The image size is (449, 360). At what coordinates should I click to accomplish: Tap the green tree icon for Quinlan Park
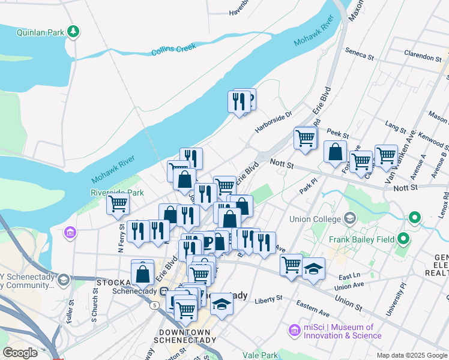[x=73, y=31]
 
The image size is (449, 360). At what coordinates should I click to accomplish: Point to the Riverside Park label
[x=117, y=193]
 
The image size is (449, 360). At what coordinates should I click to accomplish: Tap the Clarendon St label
[x=423, y=56]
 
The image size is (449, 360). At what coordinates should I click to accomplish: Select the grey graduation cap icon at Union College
[x=349, y=218]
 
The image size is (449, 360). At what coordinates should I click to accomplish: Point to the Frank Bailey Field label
[x=362, y=239]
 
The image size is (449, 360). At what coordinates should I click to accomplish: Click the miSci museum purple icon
[x=294, y=330]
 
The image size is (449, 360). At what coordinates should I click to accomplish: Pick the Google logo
[x=20, y=353]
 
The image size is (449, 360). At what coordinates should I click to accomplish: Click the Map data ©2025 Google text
[x=412, y=355]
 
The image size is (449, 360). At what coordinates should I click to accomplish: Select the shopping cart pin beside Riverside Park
[x=118, y=204]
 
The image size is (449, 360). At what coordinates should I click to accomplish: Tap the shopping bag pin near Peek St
[x=335, y=152]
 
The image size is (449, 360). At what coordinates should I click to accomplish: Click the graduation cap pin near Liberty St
[x=221, y=304]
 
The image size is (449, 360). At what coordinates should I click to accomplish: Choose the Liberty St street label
[x=268, y=299]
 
